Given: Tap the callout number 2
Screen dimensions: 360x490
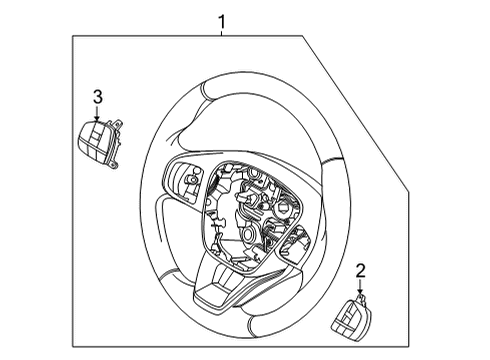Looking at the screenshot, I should [361, 269].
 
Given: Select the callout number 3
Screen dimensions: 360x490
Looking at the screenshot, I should [98, 96].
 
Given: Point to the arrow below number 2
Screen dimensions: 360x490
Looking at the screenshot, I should [361, 286].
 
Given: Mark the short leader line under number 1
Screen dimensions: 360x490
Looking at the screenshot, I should [222, 32].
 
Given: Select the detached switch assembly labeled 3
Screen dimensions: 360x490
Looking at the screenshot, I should [97, 140].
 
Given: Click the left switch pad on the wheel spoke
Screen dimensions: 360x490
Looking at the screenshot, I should [186, 179].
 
